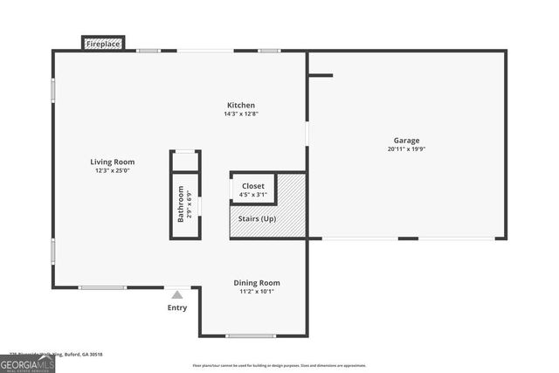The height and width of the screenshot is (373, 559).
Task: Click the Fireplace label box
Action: pos(104,43)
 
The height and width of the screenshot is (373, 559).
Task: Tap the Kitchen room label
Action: pos(240,105)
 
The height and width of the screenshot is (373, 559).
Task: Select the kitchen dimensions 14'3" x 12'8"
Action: pos(240,114)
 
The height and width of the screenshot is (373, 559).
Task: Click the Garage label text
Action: pos(406,140)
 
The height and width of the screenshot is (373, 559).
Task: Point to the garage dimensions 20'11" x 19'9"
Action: pos(406,149)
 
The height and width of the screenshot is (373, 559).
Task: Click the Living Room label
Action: pos(111,162)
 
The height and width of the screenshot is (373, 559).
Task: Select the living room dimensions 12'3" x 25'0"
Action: pos(111,170)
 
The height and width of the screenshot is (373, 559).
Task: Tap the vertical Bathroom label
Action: pos(181,204)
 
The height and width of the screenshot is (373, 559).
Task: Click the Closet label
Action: pos(253,186)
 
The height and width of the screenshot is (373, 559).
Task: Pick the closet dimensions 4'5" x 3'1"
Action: pos(253,195)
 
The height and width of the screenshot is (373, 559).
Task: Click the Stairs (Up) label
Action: pos(257,218)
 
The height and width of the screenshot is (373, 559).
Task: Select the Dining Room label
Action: pos(257,282)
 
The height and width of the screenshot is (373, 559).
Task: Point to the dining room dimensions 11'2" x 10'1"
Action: pos(257,291)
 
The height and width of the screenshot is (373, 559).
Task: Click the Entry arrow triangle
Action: pos(177,295)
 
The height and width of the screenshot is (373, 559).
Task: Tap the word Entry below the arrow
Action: pos(177,307)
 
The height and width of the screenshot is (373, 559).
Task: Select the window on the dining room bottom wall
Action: pos(251,335)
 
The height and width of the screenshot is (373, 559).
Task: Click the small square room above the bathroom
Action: pos(185,162)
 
